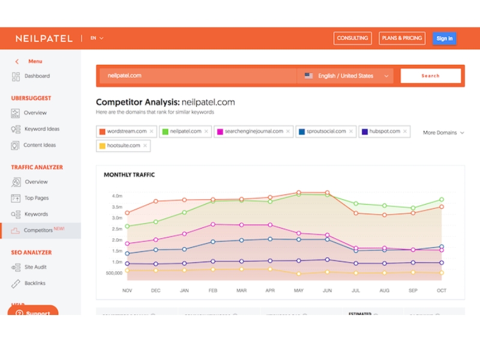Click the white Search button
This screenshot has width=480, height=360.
(430, 76)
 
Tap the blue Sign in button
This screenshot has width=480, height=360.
(444, 38)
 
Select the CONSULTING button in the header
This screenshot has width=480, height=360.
(352, 38)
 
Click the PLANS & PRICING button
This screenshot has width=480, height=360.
(403, 38)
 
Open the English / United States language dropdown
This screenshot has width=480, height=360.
(347, 76)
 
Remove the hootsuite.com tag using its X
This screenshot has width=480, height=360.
(145, 146)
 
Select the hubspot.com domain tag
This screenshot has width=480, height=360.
(382, 131)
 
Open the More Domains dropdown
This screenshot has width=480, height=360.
(443, 133)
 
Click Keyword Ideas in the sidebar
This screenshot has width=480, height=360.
(41, 129)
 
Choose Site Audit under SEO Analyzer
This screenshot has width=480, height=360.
(35, 267)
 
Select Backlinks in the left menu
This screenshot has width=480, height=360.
(35, 283)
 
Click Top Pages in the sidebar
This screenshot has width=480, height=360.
(37, 198)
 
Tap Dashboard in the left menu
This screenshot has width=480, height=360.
(37, 76)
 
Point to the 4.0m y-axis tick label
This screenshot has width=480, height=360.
(116, 196)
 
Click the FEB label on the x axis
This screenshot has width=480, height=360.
(213, 290)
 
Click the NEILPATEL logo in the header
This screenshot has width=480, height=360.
(44, 38)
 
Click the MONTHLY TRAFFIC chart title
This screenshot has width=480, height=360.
(129, 175)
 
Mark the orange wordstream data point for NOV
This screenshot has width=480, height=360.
(127, 213)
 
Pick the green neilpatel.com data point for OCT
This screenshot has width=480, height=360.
(442, 199)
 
